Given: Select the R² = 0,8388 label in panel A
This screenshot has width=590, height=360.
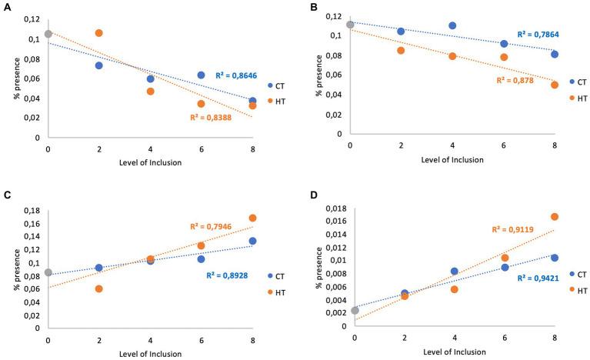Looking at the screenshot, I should tap(212, 118).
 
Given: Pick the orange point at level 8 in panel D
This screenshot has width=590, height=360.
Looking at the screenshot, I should tap(554, 217).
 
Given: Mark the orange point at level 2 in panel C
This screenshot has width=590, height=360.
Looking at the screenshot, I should tap(99, 288).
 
